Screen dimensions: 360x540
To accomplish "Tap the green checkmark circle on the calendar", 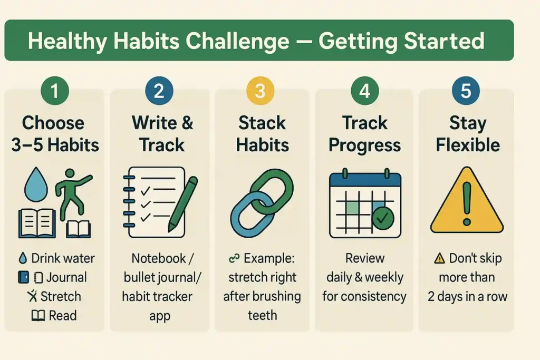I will [382, 218].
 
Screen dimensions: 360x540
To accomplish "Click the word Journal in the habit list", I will [66, 277].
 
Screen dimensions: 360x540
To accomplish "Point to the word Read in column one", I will [63, 316].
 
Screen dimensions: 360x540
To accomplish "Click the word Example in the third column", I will [269, 258].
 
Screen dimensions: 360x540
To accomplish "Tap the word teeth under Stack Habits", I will [262, 316].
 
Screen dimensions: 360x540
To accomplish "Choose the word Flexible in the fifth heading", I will [468, 145].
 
